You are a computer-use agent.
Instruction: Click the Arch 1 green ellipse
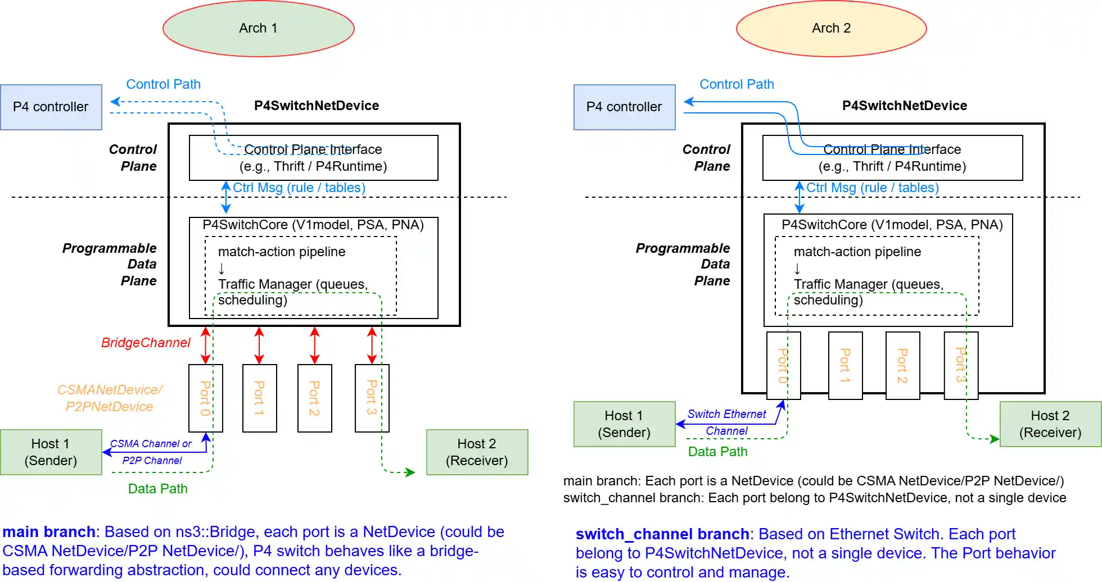coord(258,29)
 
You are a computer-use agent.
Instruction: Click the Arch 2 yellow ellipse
coord(831,29)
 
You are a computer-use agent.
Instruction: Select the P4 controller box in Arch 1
coord(51,107)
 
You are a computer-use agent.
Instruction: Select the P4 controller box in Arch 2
coord(624,107)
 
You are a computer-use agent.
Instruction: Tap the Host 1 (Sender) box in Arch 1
coord(51,452)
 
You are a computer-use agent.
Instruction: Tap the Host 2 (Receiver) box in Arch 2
coord(1050,424)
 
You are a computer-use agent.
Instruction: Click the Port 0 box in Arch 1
coord(205,398)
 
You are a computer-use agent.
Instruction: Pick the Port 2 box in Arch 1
coord(315,398)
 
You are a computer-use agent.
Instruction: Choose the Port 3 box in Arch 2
coord(961,365)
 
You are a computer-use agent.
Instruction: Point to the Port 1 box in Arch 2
coord(845,365)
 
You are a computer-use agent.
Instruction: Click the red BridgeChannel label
coord(146,343)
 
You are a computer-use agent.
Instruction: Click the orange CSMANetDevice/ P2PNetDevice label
coord(110,398)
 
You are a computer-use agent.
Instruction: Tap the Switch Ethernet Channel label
coord(726,422)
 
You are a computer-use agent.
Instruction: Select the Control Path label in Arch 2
coord(737,84)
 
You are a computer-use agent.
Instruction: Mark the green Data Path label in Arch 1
coord(157,489)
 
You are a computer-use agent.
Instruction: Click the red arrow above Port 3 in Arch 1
coord(372,345)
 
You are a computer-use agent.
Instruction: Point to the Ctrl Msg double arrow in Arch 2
coord(799,197)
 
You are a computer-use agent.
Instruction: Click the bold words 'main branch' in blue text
coord(49,532)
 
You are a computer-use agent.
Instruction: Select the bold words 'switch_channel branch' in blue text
coord(662,534)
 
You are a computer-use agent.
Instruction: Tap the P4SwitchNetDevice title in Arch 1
coord(317,106)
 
